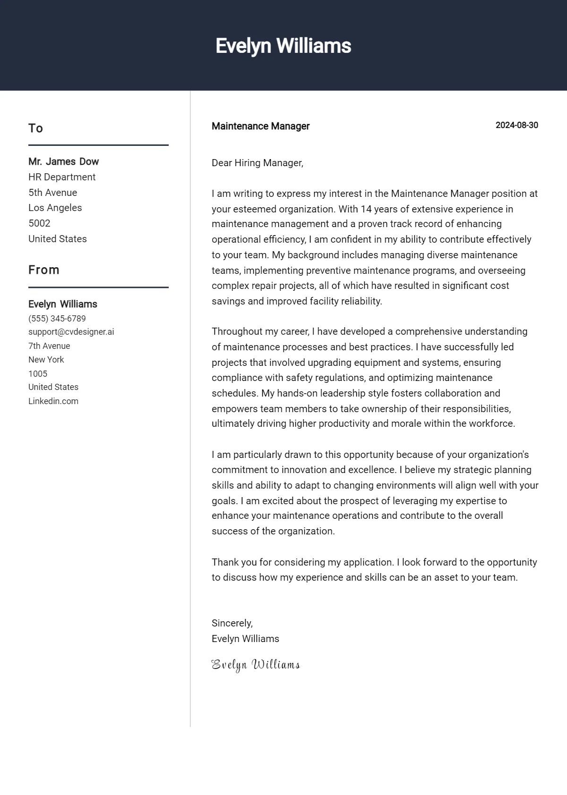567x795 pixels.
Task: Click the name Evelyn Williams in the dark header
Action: click(x=283, y=46)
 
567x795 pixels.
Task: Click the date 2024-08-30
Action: click(x=516, y=125)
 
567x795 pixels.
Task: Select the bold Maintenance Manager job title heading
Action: click(x=260, y=126)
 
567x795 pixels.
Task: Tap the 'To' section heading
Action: click(x=35, y=128)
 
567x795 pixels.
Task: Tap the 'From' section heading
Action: click(x=43, y=270)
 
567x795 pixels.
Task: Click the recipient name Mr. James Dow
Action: click(x=63, y=161)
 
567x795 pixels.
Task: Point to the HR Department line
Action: click(x=62, y=177)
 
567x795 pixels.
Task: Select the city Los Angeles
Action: click(x=55, y=208)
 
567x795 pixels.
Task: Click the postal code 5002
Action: click(x=39, y=223)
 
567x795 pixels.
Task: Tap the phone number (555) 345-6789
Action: click(x=57, y=319)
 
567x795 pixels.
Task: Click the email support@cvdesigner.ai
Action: click(x=71, y=332)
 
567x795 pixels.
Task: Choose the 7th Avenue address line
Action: click(x=49, y=346)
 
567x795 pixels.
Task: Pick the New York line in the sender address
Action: click(x=46, y=360)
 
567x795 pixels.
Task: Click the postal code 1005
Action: click(x=38, y=374)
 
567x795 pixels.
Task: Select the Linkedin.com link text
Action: click(x=53, y=401)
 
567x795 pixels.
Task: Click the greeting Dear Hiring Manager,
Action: click(x=257, y=163)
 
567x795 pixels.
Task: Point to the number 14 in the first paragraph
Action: click(x=366, y=209)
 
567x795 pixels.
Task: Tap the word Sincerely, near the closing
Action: click(x=232, y=623)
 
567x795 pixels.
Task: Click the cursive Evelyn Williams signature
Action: click(x=255, y=665)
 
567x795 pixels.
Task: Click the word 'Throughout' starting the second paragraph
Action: click(x=235, y=331)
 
